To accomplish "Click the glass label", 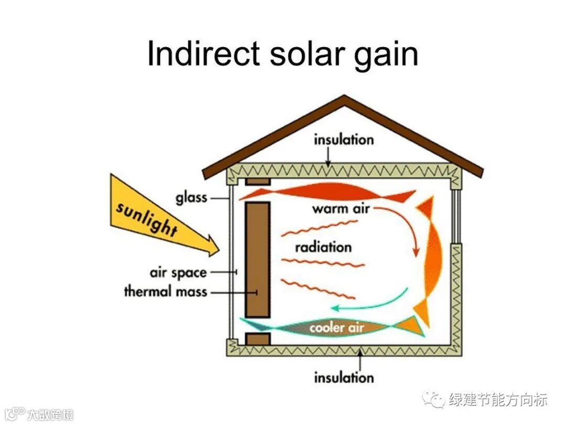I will [x=191, y=198].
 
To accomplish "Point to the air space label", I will [x=178, y=273].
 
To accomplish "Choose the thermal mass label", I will [x=165, y=291].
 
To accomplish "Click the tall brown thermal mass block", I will [x=257, y=260].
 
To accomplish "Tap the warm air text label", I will [x=341, y=209].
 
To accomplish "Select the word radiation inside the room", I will [x=323, y=247].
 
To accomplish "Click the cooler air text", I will [x=337, y=328].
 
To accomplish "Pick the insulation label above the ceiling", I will [x=343, y=140].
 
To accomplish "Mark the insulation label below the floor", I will [x=344, y=377].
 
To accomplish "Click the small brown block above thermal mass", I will [x=257, y=181].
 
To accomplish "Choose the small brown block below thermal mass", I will [x=257, y=339].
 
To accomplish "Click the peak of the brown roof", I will [x=344, y=98].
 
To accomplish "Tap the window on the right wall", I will [x=455, y=215].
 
